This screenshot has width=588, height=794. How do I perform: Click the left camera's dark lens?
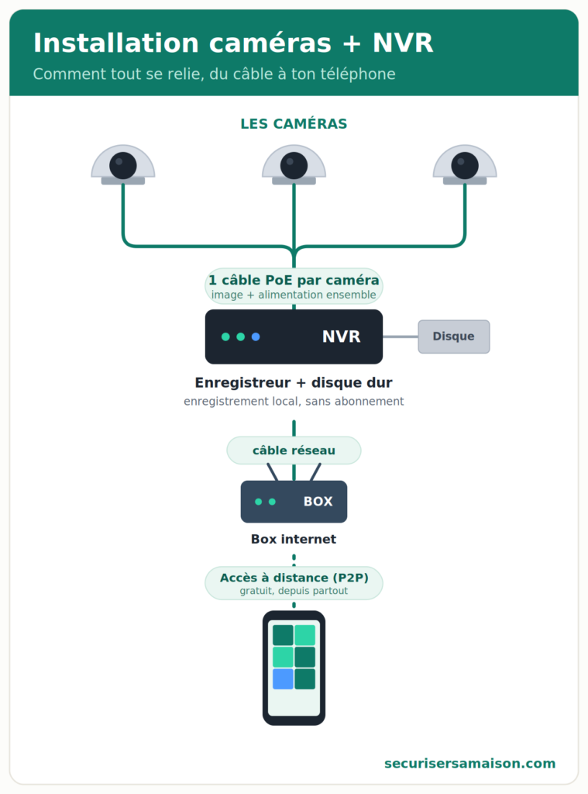[x=123, y=166]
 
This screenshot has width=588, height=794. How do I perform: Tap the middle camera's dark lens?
[x=294, y=166]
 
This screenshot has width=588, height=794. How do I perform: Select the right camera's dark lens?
[x=465, y=166]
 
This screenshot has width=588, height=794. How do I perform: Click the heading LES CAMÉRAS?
[x=294, y=123]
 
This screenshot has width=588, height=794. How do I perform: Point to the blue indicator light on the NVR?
[x=256, y=337]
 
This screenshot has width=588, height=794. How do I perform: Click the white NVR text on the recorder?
[x=342, y=337]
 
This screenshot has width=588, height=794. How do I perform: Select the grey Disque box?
[x=454, y=337]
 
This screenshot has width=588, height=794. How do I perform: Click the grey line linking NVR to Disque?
[x=401, y=337]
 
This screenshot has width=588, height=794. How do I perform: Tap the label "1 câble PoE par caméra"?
[x=294, y=280]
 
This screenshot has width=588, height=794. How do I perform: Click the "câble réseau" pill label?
[x=294, y=451]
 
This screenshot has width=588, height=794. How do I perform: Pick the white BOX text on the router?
[x=318, y=502]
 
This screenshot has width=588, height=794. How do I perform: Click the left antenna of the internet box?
[x=272, y=472]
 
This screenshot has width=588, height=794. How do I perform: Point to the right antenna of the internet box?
[x=316, y=472]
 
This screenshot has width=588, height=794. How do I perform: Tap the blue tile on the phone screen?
[x=283, y=679]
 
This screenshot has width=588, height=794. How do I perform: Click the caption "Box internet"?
[x=294, y=540]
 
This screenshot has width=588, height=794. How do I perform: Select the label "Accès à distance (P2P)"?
[x=294, y=578]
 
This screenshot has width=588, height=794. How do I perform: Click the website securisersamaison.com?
[x=469, y=763]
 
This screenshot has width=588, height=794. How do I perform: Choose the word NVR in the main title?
[x=403, y=43]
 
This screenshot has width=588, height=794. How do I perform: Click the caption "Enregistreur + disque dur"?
[x=294, y=383]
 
